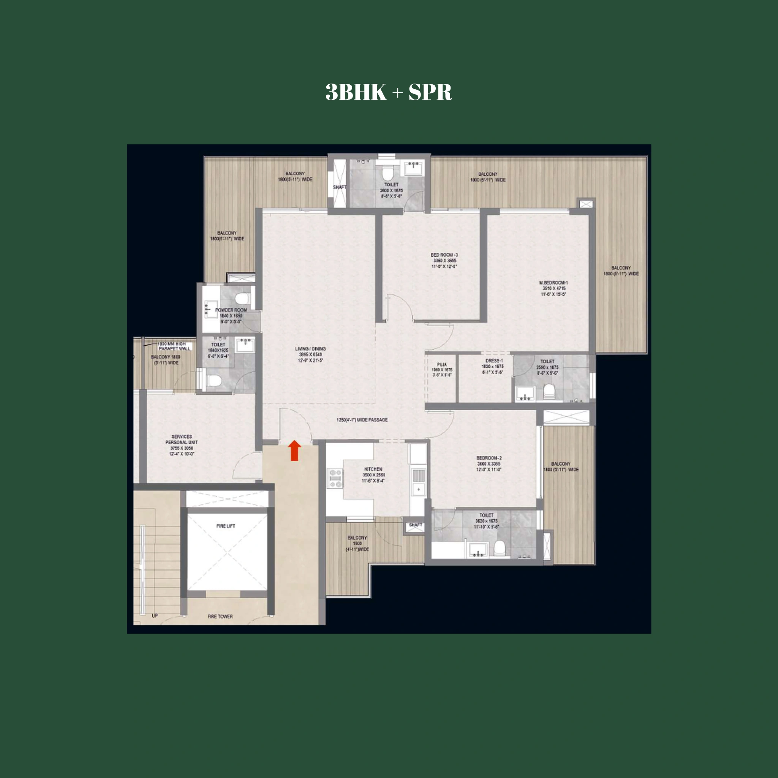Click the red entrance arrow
(295, 450)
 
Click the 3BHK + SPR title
(389, 92)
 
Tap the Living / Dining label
(310, 349)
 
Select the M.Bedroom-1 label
(553, 283)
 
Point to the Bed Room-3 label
(444, 255)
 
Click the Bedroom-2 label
(489, 458)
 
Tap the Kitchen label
(373, 469)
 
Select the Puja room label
(442, 364)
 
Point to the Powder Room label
(231, 310)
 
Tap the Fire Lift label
(226, 526)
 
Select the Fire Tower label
(220, 617)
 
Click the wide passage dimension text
(362, 420)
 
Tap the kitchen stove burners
(335, 478)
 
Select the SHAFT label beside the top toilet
(340, 187)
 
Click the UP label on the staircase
(155, 616)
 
